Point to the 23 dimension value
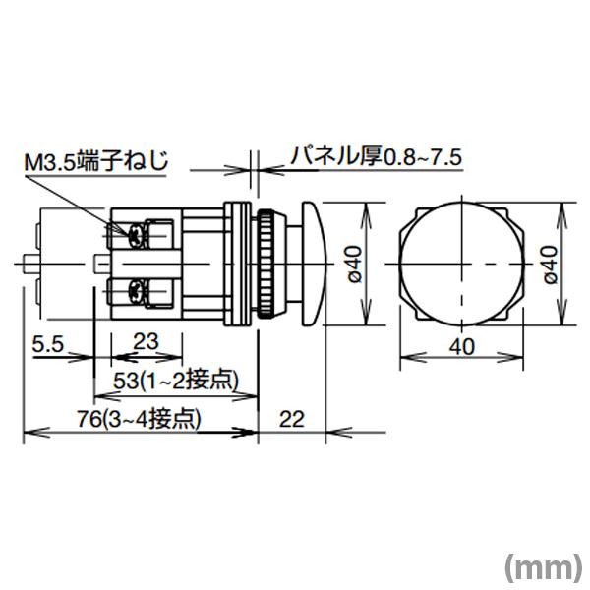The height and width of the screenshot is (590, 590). point(145,343)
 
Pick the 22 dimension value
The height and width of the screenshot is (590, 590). point(291,418)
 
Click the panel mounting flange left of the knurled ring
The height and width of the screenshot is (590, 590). point(237,264)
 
